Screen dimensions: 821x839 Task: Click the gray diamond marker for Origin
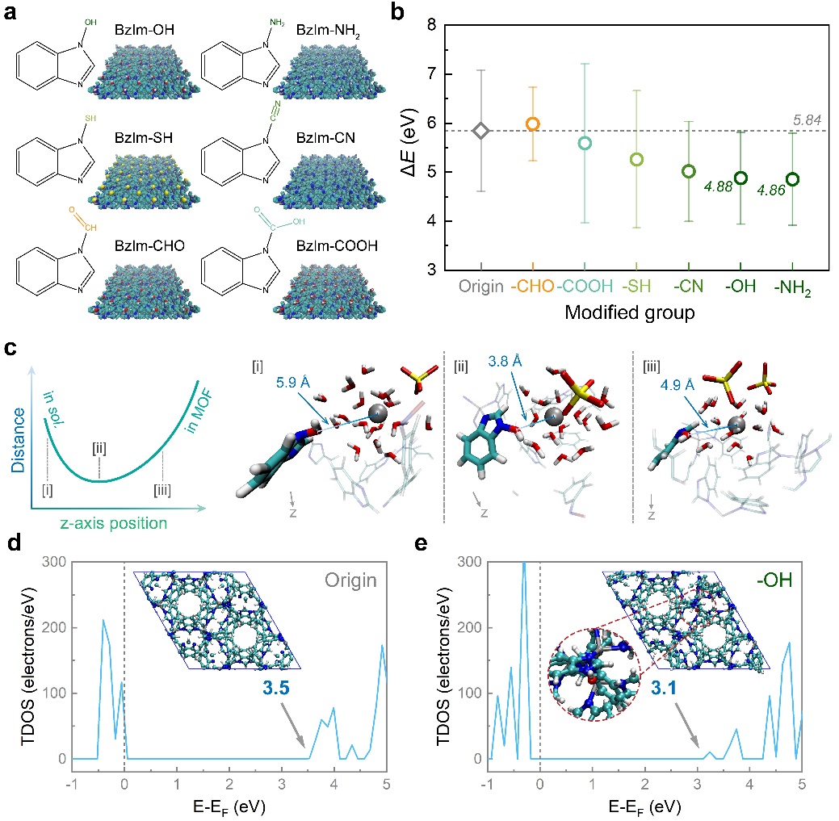[480, 130]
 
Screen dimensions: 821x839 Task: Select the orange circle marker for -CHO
[533, 124]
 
